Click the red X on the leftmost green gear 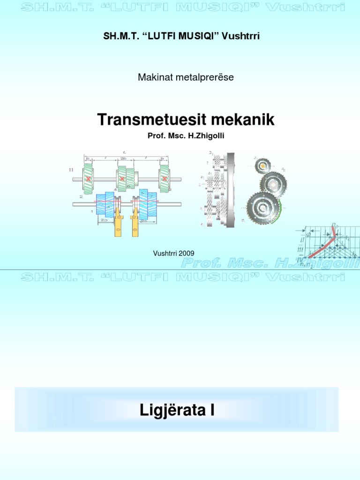[88, 179]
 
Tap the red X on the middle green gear [122, 179]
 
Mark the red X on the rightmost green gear [165, 179]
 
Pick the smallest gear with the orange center [263, 165]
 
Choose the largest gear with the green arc [263, 206]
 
